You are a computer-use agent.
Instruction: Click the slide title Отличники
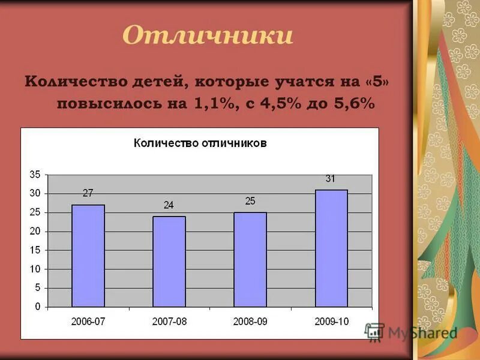click(208, 35)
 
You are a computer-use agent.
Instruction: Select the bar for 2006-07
click(88, 256)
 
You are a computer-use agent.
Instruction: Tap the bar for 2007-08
click(169, 262)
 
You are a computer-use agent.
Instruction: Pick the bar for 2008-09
click(250, 259)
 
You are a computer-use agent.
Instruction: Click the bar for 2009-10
click(331, 248)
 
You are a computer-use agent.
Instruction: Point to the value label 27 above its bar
click(88, 193)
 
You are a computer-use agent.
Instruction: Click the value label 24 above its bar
click(169, 205)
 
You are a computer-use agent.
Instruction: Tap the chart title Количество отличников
click(200, 143)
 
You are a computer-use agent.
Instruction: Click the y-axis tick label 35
click(35, 175)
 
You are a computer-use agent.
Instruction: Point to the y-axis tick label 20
click(35, 231)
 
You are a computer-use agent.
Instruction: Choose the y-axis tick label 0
click(37, 307)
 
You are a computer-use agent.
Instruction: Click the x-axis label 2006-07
click(88, 321)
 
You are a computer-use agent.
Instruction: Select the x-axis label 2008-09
click(250, 321)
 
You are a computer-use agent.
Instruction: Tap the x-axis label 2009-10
click(331, 321)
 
